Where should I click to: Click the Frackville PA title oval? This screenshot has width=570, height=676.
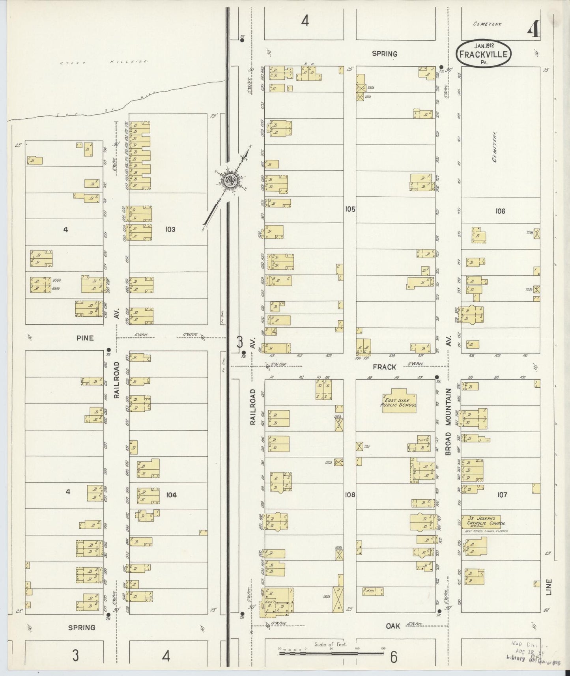click(483, 54)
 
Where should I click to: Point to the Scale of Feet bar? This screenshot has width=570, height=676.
click(331, 654)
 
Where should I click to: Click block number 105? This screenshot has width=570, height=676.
click(349, 209)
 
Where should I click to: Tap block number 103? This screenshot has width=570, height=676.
click(170, 229)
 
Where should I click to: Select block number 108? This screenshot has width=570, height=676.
click(349, 495)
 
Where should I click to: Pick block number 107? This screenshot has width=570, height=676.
click(502, 495)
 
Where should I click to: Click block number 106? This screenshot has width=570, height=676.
click(500, 211)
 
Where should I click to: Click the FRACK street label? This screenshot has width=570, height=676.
click(384, 367)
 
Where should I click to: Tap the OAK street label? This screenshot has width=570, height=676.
click(392, 626)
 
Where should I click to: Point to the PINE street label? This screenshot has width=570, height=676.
click(85, 338)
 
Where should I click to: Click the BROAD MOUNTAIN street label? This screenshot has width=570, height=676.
click(448, 422)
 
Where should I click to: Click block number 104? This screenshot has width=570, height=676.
click(171, 495)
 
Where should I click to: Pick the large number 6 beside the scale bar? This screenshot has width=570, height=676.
click(393, 657)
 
